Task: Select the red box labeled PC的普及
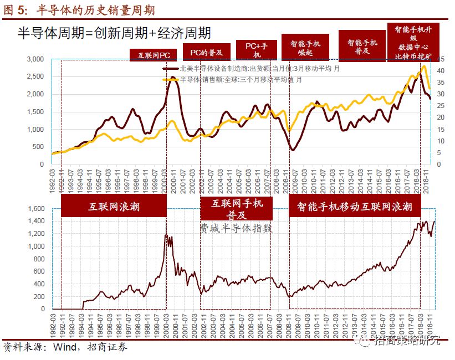[x=207, y=52]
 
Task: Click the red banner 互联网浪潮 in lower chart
[x=114, y=207]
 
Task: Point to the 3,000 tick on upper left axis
[x=34, y=59]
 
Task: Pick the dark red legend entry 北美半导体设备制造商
[x=255, y=69]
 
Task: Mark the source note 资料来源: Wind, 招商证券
[x=65, y=347]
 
